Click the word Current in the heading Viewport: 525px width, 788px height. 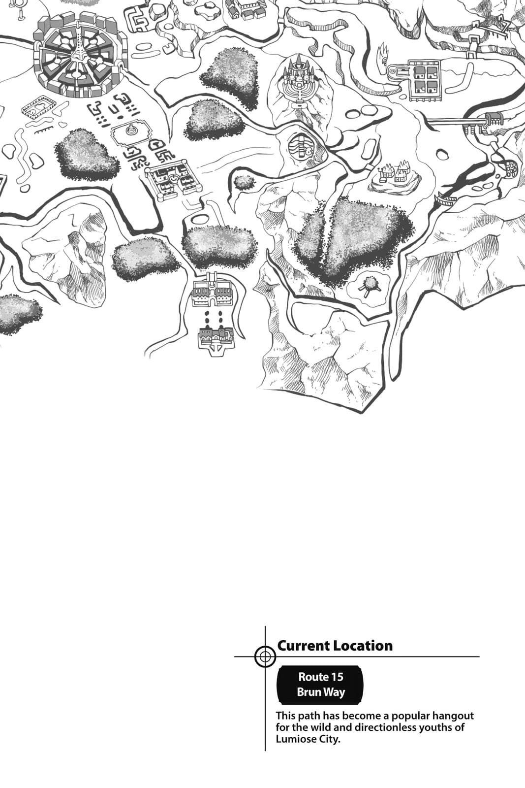(304, 646)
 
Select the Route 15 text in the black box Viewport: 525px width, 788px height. (320, 677)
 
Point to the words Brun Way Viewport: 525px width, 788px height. (321, 692)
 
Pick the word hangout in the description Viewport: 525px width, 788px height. (453, 716)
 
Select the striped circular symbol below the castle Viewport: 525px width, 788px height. (301, 148)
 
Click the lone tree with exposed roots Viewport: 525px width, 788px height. (369, 286)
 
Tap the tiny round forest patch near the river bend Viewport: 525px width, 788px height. (244, 182)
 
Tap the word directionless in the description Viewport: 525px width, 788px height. (385, 727)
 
